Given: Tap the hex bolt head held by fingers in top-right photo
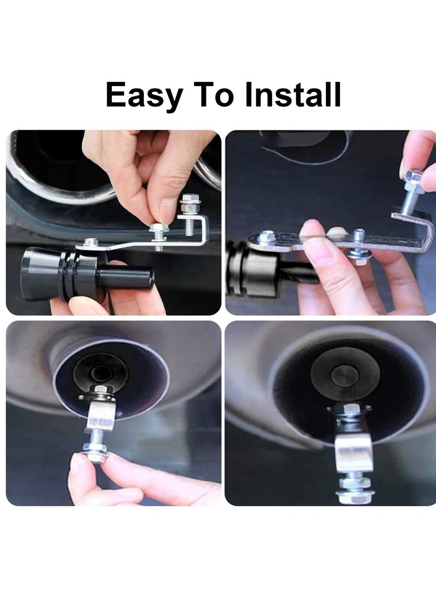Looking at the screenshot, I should [x=414, y=177].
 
